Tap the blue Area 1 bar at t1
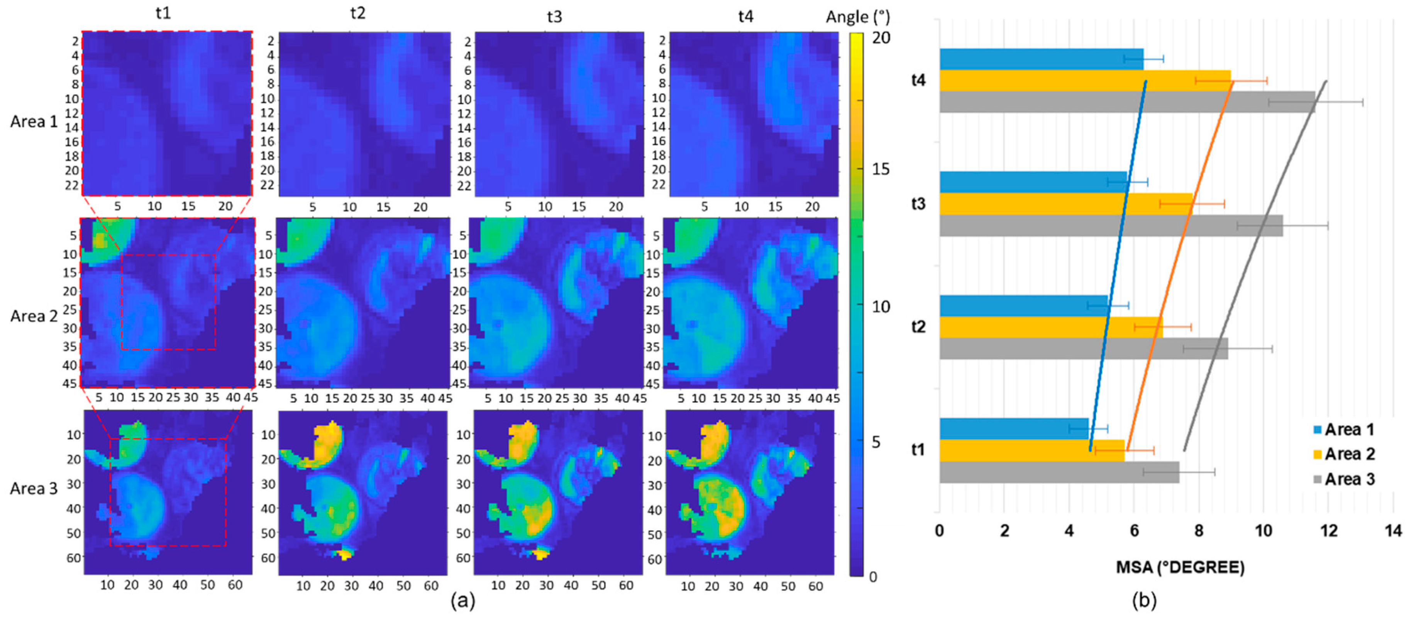point(1013,428)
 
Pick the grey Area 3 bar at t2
point(1079,348)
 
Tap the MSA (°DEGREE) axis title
point(1180,567)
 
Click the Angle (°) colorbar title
point(857,17)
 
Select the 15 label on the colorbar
point(880,169)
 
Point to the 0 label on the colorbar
point(873,576)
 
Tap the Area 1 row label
point(34,122)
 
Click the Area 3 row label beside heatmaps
point(34,488)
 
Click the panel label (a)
point(462,601)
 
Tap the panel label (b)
point(1144,601)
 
